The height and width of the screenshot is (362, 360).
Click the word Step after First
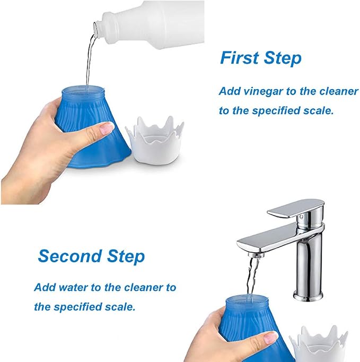[283, 58]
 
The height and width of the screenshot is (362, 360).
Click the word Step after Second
[126, 257]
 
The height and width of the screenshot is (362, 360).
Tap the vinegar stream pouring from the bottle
[90, 61]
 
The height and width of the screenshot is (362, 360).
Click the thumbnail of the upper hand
[107, 128]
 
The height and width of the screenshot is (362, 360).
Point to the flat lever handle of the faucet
[296, 209]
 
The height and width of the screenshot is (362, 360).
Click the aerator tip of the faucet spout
[257, 255]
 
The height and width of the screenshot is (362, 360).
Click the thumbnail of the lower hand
[270, 338]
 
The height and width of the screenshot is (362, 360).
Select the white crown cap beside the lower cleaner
[319, 344]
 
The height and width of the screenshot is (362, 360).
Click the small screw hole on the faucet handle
[301, 217]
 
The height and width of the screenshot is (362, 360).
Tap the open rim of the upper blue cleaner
[83, 90]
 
